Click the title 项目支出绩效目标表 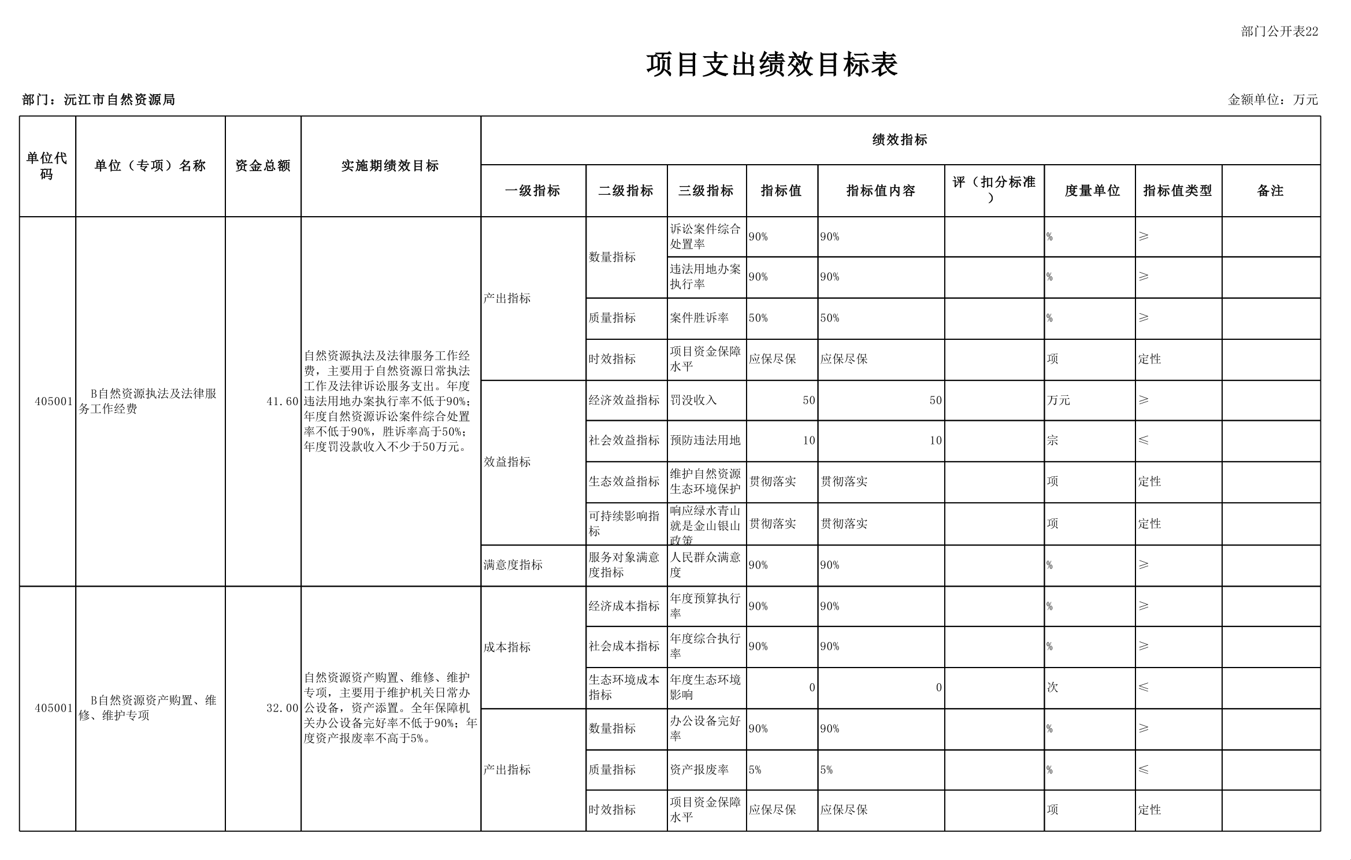pos(771,65)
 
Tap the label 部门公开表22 pos(1279,32)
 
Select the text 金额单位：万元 pos(1272,100)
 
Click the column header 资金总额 pos(263,166)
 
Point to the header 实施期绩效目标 pos(390,166)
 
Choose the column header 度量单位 pos(1092,191)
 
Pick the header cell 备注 pos(1270,191)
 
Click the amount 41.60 pos(282,402)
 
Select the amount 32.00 pos(282,708)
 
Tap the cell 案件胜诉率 pos(699,318)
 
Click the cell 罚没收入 pos(693,400)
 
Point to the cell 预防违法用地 pos(705,440)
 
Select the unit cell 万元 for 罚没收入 pos(1058,400)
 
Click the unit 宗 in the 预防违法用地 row pos(1052,440)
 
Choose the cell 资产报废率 pos(699,769)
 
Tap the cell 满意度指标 pos(513,565)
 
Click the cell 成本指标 pos(507,647)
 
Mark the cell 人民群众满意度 pos(705,565)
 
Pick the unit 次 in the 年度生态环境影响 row pos(1052,687)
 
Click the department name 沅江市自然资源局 pos(119,100)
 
